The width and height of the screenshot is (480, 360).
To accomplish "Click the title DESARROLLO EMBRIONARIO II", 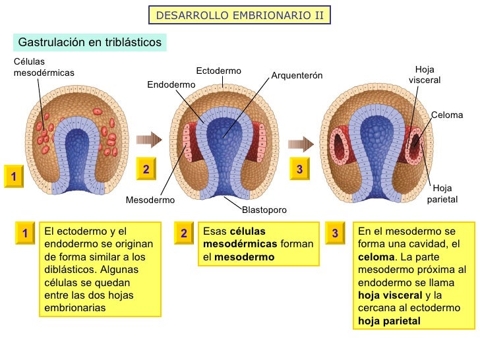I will tap(240, 15).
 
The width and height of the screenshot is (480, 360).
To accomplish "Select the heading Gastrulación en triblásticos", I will tap(90, 42).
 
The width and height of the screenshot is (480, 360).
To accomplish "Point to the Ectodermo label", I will tap(219, 71).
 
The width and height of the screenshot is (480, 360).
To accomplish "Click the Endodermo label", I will tap(171, 85).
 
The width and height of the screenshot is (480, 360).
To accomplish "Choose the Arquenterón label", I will tap(297, 76).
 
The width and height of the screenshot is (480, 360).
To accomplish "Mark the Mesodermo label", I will tap(150, 200).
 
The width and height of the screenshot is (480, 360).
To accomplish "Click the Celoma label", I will tap(447, 115).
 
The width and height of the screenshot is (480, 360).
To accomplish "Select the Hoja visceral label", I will tap(425, 75).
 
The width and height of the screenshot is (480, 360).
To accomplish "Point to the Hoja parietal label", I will tap(442, 193).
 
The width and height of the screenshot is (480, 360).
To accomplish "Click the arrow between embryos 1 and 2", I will tap(148, 139).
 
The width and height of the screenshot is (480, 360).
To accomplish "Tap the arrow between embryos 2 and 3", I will tap(300, 143).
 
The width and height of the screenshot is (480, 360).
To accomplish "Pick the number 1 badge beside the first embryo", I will tap(13, 175).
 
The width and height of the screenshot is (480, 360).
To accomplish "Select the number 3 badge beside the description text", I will tap(335, 233).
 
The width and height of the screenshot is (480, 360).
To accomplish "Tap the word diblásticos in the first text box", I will tap(69, 269).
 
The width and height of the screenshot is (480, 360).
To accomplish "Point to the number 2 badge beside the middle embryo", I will tap(146, 170).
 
